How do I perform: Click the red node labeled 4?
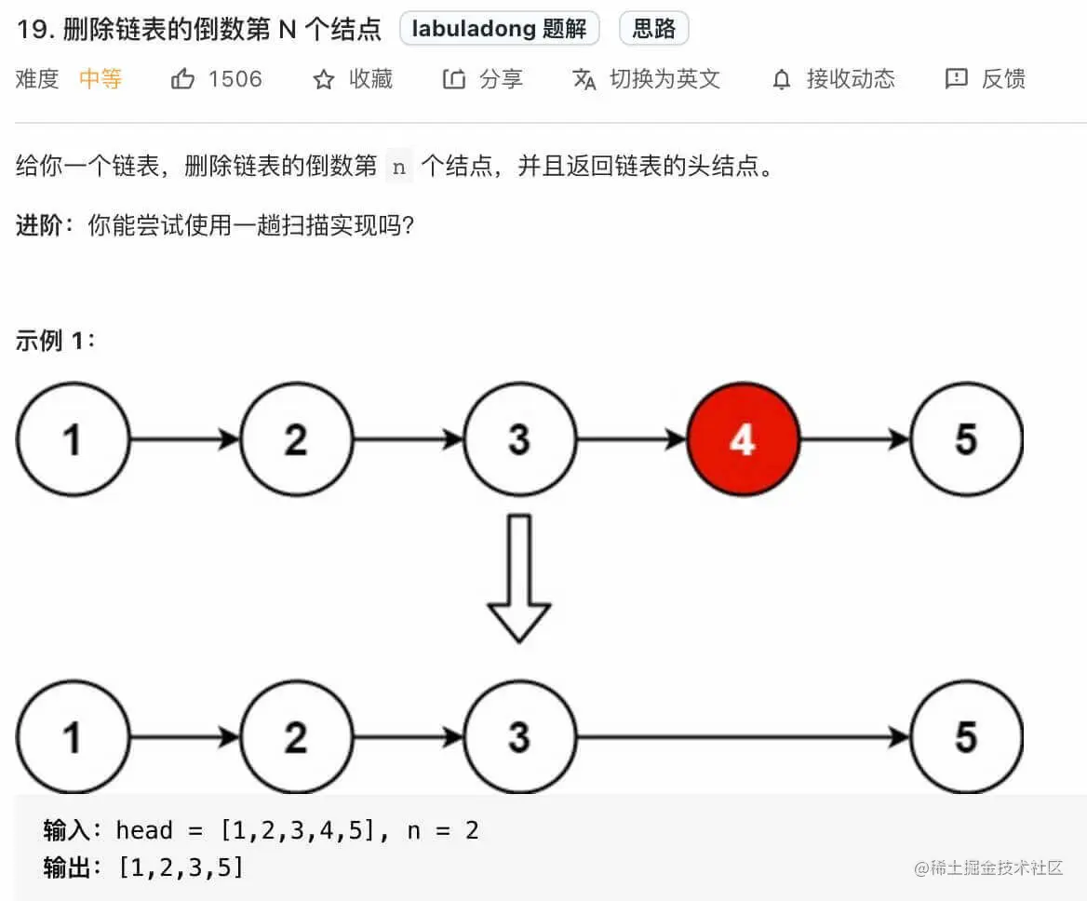tap(743, 438)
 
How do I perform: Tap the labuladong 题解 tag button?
tap(500, 29)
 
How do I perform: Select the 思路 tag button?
tap(653, 29)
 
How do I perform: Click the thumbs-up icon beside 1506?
tap(182, 79)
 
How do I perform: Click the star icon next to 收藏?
tap(324, 79)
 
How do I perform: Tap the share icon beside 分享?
tap(453, 79)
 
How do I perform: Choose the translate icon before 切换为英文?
tap(584, 79)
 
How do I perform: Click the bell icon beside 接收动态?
tap(782, 79)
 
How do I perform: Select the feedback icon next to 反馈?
tap(956, 79)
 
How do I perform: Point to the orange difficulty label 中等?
tap(101, 79)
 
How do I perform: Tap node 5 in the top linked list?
tap(966, 438)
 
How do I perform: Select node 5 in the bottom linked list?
tap(966, 737)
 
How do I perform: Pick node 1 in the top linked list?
tap(73, 438)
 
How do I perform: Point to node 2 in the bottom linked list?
tap(296, 737)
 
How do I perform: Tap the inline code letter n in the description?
tap(399, 168)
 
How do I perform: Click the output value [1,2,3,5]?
tap(181, 868)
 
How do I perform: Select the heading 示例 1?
tap(56, 341)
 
